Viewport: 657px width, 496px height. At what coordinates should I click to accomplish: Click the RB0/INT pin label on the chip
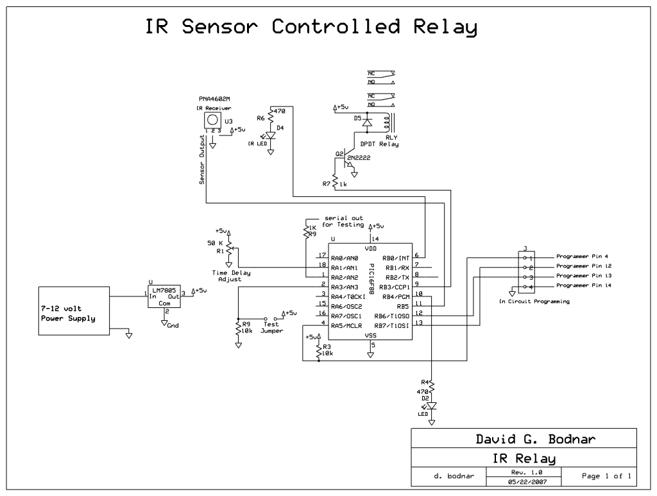click(x=398, y=257)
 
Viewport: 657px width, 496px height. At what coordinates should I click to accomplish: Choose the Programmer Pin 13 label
click(x=583, y=275)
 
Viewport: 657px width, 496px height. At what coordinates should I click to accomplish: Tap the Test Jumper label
click(x=272, y=327)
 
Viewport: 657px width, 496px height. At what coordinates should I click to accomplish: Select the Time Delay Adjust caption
click(x=232, y=277)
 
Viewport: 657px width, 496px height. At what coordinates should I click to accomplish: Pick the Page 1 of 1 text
click(x=606, y=476)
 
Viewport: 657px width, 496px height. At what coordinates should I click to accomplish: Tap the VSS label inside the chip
click(x=371, y=336)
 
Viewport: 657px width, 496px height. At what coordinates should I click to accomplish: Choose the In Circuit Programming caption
click(x=534, y=300)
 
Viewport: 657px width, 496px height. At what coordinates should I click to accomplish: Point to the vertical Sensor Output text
click(x=201, y=160)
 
